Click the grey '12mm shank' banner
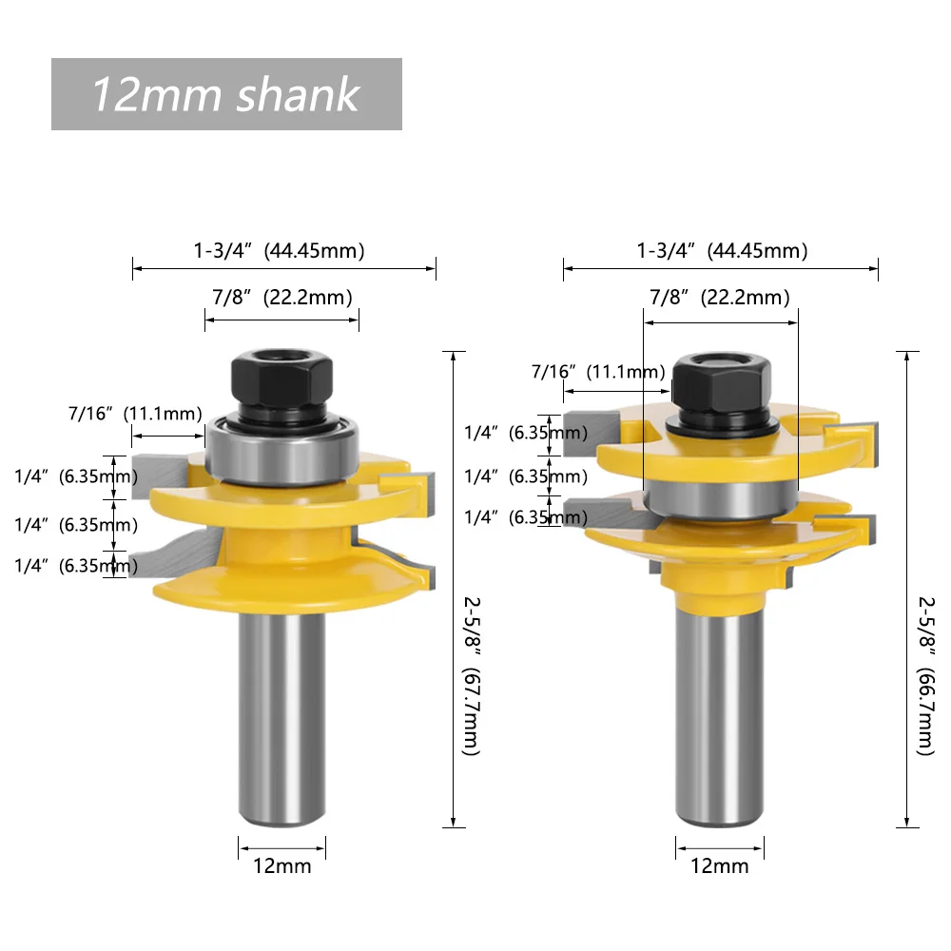click(x=226, y=94)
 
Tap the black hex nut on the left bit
click(x=281, y=384)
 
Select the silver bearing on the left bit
click(x=281, y=449)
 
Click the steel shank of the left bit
click(x=281, y=719)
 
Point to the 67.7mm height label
click(x=472, y=676)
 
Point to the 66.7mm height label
click(x=926, y=676)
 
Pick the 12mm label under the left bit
click(x=282, y=866)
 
